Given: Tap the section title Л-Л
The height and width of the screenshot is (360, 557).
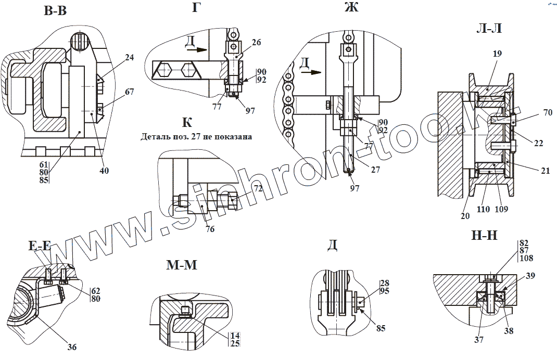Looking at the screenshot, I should pos(489,28).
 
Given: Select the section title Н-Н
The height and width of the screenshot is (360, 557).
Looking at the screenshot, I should pos(484,236).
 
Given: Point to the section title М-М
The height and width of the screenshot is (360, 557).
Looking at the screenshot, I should pos(182,265).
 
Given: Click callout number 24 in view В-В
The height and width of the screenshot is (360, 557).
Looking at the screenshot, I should pos(129,58).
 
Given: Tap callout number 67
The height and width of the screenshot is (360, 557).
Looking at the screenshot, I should pos(129,92).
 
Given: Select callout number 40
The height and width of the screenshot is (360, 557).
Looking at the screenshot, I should pos(104,170).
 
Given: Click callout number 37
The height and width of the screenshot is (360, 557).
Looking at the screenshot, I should pos(478,340).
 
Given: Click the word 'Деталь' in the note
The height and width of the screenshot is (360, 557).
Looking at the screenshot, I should pos(155,137).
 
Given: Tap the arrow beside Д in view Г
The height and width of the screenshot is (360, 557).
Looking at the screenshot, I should pos(197,50).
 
